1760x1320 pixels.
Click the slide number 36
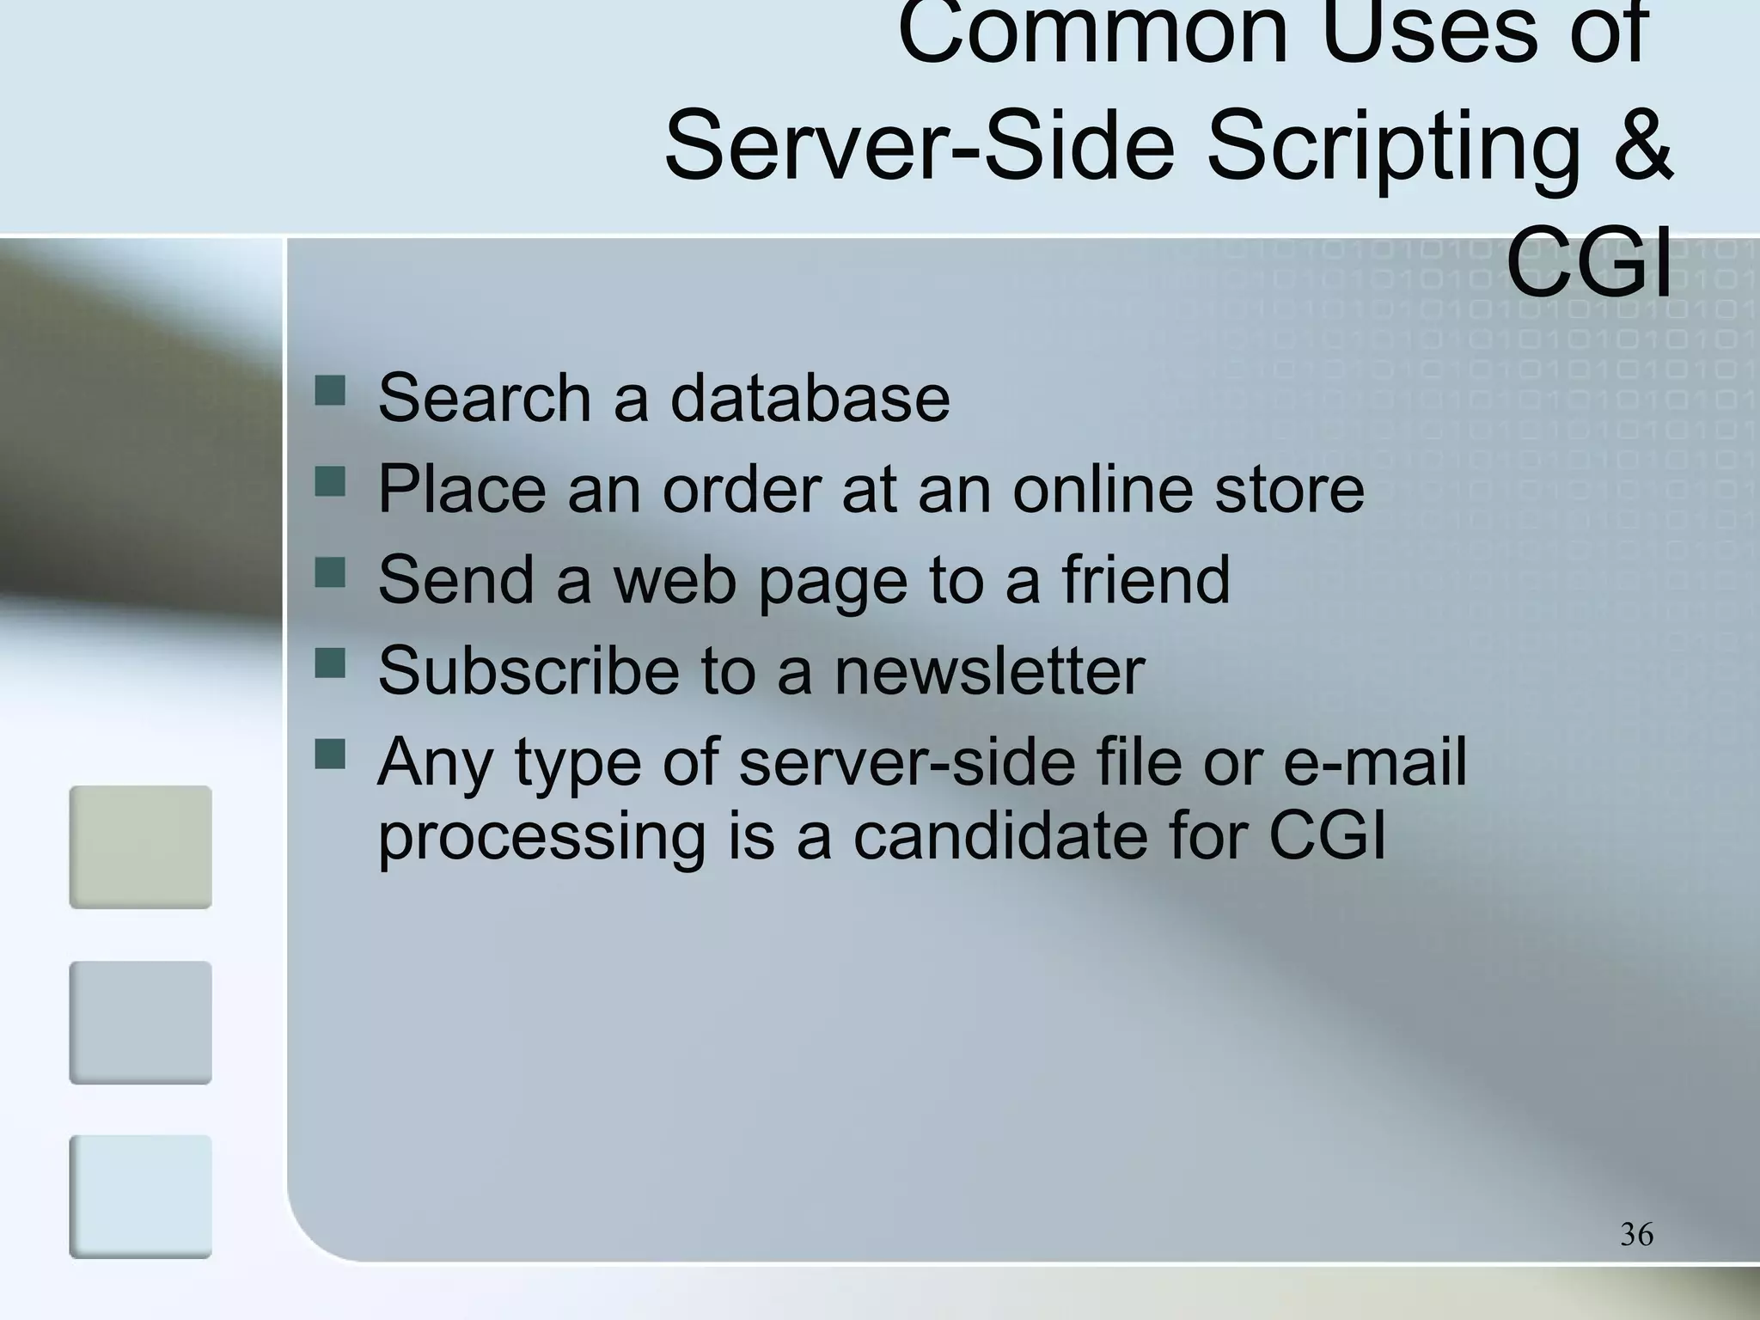1636,1234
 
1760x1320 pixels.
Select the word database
810,398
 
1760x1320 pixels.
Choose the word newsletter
989,670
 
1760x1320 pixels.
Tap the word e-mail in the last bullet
1375,761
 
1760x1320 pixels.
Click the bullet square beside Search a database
330,391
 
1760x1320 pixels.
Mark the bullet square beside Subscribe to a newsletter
330,663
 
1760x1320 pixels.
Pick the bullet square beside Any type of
330,755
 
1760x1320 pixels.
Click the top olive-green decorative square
140,846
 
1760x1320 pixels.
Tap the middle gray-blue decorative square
140,1022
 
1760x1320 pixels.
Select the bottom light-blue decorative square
140,1196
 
